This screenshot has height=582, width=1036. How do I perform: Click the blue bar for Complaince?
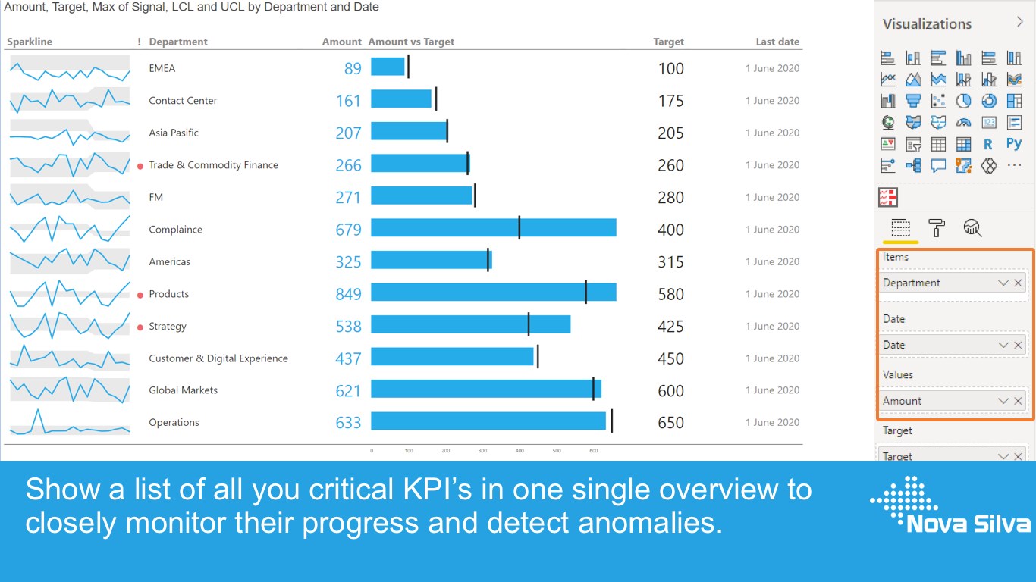click(x=493, y=228)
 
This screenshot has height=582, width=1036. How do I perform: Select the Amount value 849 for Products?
click(x=348, y=294)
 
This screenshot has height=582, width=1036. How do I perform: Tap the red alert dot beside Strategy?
click(x=140, y=327)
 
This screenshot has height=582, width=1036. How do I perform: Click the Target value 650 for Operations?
click(x=670, y=423)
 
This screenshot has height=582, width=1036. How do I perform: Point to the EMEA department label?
click(x=162, y=68)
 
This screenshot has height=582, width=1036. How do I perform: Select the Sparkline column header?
click(x=30, y=42)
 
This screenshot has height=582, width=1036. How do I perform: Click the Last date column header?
click(x=777, y=42)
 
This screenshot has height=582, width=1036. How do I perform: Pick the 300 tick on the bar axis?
click(x=483, y=451)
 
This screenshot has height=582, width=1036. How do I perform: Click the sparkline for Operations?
click(x=70, y=423)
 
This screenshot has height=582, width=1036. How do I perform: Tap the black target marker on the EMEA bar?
click(x=408, y=67)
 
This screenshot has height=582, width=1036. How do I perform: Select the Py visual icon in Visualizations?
click(x=1014, y=144)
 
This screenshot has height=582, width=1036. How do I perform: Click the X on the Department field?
click(x=1018, y=283)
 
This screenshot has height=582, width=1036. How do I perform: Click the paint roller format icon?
click(x=937, y=228)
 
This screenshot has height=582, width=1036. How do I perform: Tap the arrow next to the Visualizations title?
click(x=1020, y=22)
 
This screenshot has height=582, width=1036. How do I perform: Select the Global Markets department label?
click(x=183, y=390)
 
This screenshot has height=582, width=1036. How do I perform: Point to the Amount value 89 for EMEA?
click(x=353, y=69)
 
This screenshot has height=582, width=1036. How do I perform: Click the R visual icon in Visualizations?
click(x=988, y=144)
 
